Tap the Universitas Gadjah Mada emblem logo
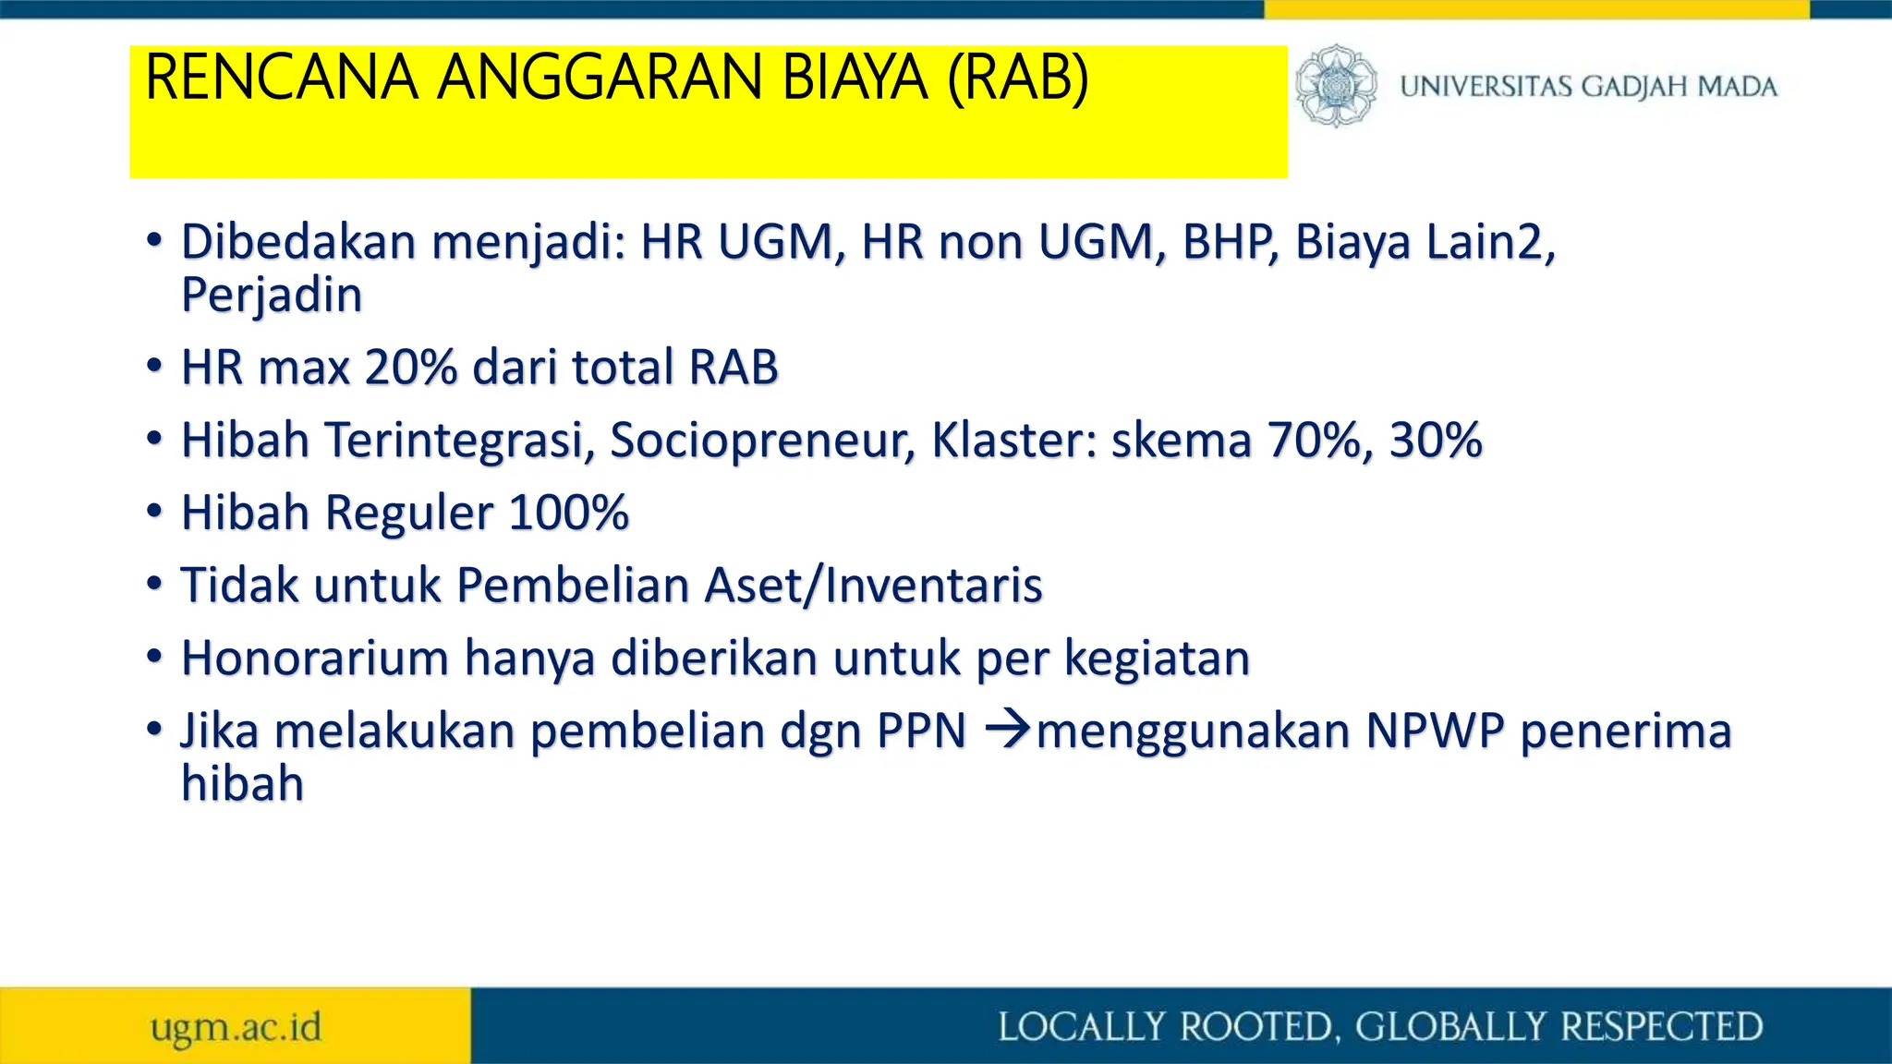1335,86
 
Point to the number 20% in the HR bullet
411,368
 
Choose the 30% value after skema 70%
1436,440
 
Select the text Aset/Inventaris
873,586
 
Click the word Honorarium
315,659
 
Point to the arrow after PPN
1007,731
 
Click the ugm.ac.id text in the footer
236,1027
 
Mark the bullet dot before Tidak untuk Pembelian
154,585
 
